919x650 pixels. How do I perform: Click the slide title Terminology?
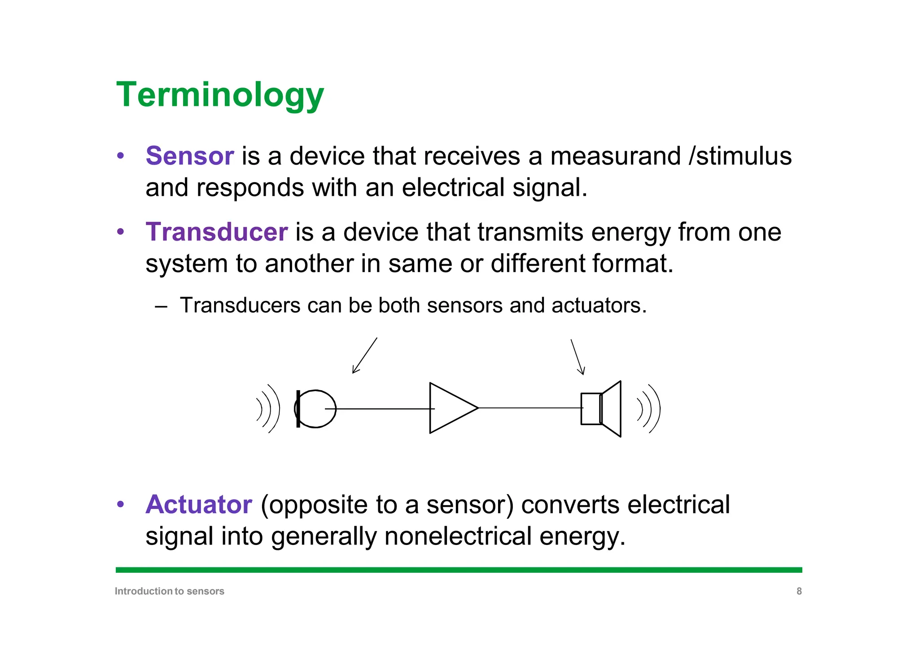pos(220,95)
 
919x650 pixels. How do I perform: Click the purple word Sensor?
pos(189,156)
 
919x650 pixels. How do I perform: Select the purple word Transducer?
pos(216,232)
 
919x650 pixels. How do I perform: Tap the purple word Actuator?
pos(199,505)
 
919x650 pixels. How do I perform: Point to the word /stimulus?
pos(740,156)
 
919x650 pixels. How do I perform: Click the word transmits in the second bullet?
pos(530,232)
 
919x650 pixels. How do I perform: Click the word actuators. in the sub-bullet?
pos(599,306)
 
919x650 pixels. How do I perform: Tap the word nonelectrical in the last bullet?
pos(458,536)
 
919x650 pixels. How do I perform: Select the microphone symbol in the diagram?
pos(315,408)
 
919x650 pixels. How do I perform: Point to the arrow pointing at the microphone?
pos(364,356)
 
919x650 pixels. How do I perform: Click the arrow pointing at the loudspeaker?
pos(578,357)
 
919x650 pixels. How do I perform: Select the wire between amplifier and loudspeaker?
pos(530,408)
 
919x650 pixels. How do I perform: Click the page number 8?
pos(799,591)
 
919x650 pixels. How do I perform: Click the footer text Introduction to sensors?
pos(169,591)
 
